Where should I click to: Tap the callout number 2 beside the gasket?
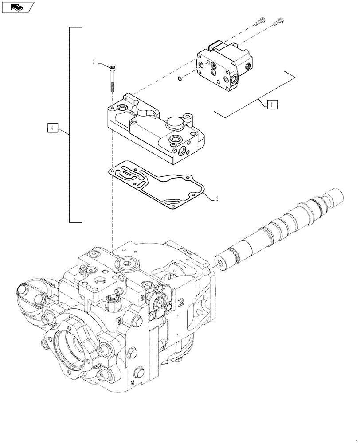[x=217, y=198]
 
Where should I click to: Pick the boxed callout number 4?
[x=52, y=128]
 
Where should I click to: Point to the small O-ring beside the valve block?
[x=178, y=79]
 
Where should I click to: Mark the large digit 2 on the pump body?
[x=180, y=303]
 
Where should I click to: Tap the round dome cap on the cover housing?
[x=174, y=124]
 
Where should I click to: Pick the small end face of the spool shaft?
[x=220, y=262]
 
